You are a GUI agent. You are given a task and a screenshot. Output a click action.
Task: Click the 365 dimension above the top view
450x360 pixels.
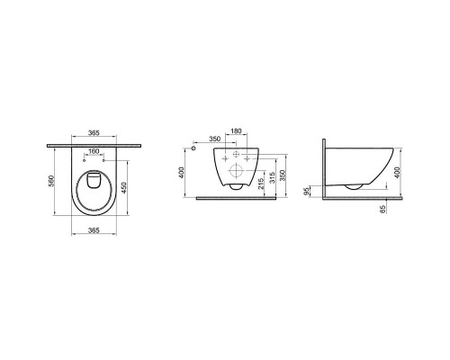(94, 132)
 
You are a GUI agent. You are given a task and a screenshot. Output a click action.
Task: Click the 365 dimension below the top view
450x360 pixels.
(94, 230)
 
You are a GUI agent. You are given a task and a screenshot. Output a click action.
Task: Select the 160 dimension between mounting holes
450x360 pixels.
(94, 151)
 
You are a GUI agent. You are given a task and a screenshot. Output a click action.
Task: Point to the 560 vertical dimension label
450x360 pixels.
(51, 181)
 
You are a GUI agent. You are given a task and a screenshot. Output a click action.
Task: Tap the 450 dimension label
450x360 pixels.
(124, 188)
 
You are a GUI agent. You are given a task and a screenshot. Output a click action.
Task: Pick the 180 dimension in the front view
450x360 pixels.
(236, 131)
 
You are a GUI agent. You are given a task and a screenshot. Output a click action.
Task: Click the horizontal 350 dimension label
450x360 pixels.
(215, 139)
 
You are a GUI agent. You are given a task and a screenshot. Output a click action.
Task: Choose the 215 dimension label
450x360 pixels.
(261, 184)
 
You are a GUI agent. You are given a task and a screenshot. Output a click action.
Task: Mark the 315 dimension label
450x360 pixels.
(272, 177)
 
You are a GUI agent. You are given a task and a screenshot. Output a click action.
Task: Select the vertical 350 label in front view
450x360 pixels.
(283, 175)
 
